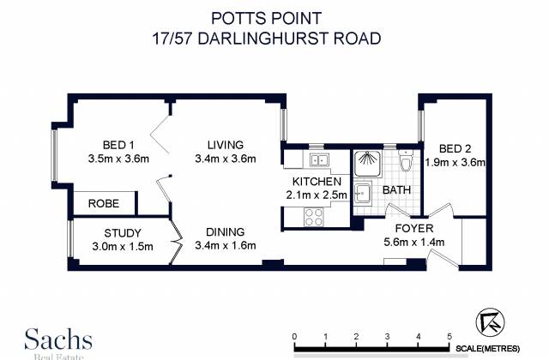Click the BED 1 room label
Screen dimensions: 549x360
[118, 145]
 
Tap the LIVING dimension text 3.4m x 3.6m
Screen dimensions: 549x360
[226, 159]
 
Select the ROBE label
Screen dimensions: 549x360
[104, 203]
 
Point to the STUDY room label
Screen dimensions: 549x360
[123, 233]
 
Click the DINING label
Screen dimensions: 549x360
[225, 232]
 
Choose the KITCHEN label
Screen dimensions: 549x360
[317, 182]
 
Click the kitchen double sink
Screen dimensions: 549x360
[318, 160]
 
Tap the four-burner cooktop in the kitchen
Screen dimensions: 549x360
[314, 217]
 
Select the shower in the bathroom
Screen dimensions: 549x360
[367, 163]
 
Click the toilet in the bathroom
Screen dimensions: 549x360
[405, 161]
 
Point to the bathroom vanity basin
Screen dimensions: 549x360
[362, 193]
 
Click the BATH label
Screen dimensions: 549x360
[396, 190]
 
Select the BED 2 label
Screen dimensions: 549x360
[455, 149]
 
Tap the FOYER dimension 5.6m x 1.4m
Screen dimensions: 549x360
[414, 242]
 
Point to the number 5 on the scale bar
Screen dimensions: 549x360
[449, 337]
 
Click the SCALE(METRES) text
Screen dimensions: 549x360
[487, 349]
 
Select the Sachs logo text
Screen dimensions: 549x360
[58, 339]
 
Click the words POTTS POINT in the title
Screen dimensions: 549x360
[266, 18]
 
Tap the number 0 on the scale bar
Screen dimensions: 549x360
[294, 337]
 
